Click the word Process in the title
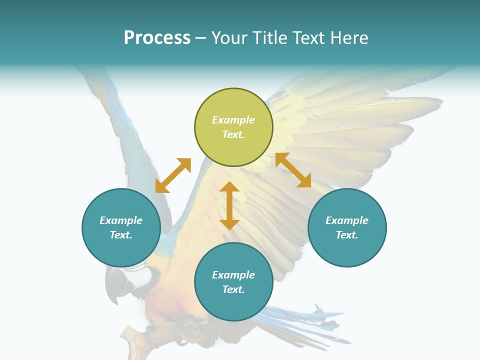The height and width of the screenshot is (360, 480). click(157, 38)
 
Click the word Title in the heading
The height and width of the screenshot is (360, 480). click(268, 38)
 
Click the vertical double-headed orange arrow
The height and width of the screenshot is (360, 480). click(229, 205)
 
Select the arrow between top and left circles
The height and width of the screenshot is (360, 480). click(173, 175)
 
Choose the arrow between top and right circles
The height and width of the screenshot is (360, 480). click(293, 170)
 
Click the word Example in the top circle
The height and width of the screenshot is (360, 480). click(233, 120)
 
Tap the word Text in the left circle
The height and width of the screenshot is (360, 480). click(121, 235)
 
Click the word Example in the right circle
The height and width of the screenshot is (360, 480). click(347, 220)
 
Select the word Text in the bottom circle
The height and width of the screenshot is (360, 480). click(233, 289)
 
